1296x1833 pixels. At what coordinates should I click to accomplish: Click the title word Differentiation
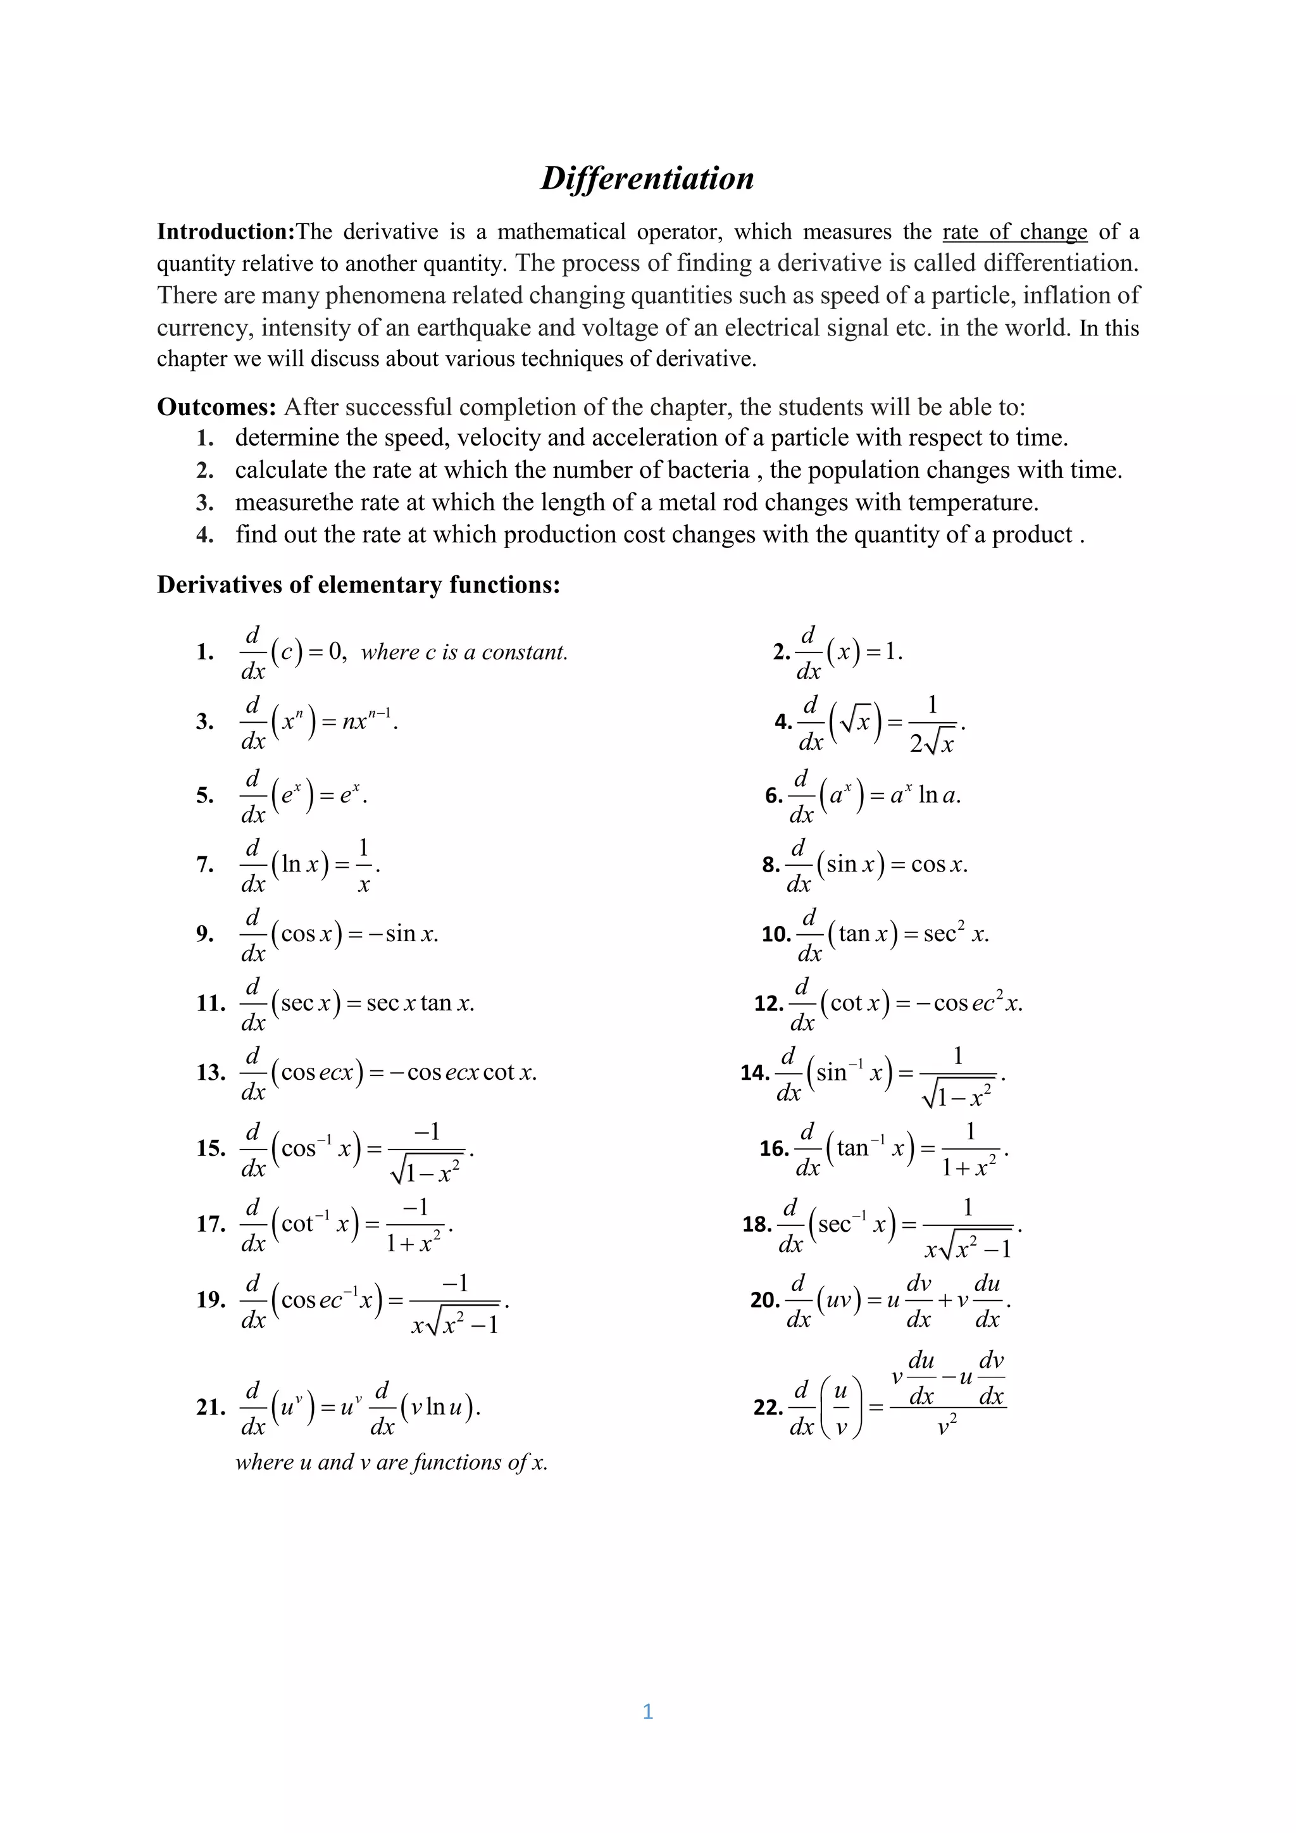pos(647,178)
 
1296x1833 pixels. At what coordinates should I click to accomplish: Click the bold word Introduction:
pos(226,232)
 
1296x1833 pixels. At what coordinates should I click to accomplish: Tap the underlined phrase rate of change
pos(1014,232)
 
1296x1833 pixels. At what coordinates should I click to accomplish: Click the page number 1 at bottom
pos(647,1711)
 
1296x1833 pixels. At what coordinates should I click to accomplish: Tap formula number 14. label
pos(754,1072)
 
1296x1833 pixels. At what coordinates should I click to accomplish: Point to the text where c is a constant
pos(464,653)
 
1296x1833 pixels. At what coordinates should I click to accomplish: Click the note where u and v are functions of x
pos(391,1461)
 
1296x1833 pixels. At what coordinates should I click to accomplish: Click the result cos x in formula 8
pos(938,865)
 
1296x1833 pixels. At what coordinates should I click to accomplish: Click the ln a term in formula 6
pos(938,795)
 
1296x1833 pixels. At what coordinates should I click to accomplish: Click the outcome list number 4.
pos(204,535)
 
